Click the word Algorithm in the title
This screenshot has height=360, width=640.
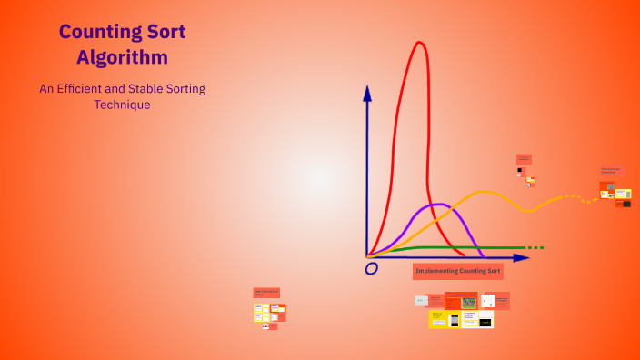[x=122, y=57]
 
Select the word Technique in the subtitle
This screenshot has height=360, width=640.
[x=122, y=105]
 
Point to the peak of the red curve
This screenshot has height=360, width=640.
[x=419, y=43]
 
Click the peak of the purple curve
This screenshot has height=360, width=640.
[x=437, y=205]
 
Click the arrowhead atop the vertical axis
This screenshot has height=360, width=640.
[x=367, y=92]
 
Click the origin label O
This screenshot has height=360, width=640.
[x=371, y=269]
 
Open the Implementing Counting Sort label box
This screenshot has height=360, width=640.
[x=457, y=271]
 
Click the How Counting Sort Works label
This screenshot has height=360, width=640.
[x=266, y=293]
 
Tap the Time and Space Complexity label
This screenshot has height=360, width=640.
[x=611, y=170]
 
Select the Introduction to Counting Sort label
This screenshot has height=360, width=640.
[x=524, y=159]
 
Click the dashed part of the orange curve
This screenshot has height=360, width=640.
[x=573, y=196]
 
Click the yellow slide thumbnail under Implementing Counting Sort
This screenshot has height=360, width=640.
[x=438, y=318]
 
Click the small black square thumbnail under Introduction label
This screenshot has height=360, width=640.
[x=520, y=170]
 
